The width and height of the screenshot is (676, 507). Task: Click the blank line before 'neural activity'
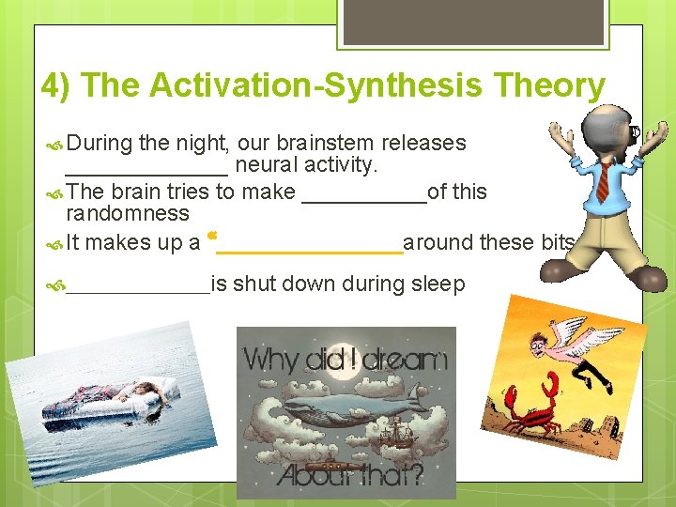tap(146, 169)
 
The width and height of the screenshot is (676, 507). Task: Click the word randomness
tap(128, 213)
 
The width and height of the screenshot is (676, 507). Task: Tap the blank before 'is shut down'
tap(138, 286)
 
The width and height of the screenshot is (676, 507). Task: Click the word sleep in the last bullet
tap(438, 284)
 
